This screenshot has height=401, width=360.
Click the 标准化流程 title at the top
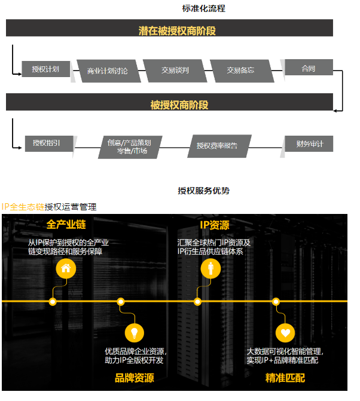[x=203, y=8]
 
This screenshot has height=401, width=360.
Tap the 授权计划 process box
[x=45, y=69]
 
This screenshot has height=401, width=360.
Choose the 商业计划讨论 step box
[x=108, y=71]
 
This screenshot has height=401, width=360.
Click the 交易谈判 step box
[x=175, y=71]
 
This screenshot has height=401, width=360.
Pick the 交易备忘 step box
[x=240, y=71]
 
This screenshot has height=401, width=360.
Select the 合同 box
[x=309, y=69]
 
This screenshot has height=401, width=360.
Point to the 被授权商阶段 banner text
[x=179, y=105]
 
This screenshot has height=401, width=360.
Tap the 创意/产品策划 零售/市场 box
[x=130, y=147]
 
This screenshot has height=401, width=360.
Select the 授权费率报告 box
[x=216, y=146]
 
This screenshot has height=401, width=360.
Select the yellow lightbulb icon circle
[x=134, y=332]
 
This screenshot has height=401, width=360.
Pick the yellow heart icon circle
[x=285, y=332]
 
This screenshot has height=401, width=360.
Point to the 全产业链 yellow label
[x=66, y=225]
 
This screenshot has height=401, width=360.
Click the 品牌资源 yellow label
[x=135, y=378]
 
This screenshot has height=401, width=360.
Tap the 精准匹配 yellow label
[x=285, y=378]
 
